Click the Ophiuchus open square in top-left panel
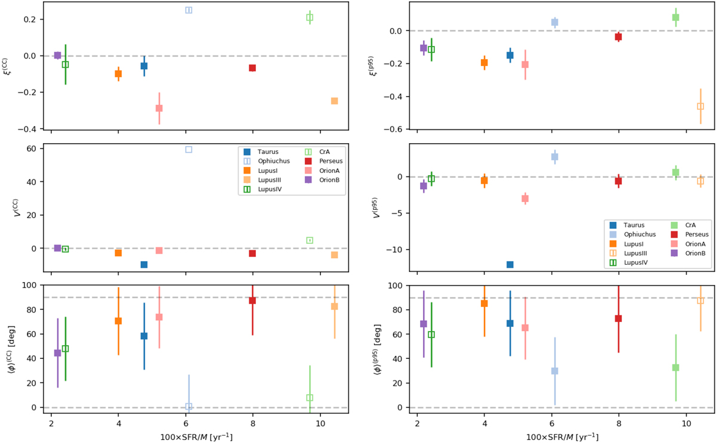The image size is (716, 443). (189, 10)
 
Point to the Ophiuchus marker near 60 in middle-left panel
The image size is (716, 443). (189, 150)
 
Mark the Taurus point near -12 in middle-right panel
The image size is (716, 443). (510, 265)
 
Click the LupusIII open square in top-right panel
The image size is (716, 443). (700, 106)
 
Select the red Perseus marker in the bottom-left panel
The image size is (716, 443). (252, 301)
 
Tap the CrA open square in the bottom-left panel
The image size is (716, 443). (310, 398)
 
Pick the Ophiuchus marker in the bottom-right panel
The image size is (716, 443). (554, 371)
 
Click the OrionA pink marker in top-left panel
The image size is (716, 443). (159, 108)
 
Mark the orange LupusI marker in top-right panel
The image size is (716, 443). (484, 63)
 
